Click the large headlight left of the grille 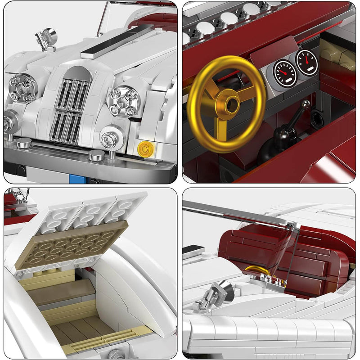click(x=22, y=87)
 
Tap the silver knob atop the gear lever click(x=306, y=104)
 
